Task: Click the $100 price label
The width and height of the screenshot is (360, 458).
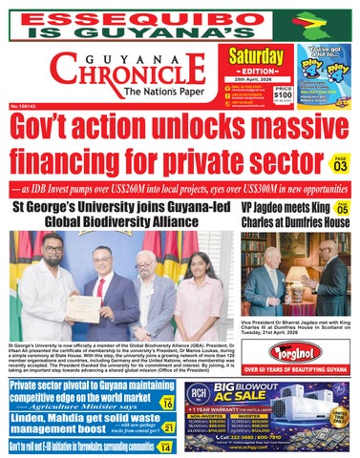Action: click(282, 96)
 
